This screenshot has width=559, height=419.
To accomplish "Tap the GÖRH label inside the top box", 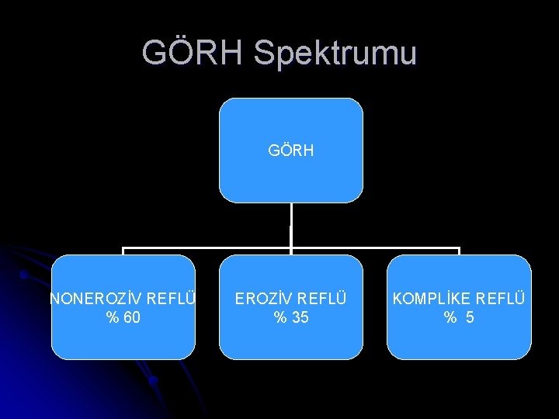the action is pos(290,151).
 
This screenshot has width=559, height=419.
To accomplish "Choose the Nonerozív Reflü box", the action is pos(123,341).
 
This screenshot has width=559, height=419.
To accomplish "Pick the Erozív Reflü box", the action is pos(290,341).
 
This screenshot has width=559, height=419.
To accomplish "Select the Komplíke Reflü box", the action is pos(459,341).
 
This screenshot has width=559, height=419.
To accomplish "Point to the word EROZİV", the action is pos(264,299).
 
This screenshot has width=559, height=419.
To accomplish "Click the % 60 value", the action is pos(123,317).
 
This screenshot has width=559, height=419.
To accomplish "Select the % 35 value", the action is pos(290,317).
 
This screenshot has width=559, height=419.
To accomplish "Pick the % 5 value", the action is pos(459,317).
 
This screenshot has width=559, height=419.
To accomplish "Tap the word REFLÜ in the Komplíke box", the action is pos(501,299).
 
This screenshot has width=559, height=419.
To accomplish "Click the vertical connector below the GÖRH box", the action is pos(290,225).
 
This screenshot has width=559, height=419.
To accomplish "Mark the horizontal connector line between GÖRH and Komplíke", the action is pos(377,249).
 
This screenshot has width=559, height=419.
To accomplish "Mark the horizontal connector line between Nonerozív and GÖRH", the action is pos(206,249).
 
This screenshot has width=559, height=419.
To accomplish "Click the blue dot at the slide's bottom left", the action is pos(154,380).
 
